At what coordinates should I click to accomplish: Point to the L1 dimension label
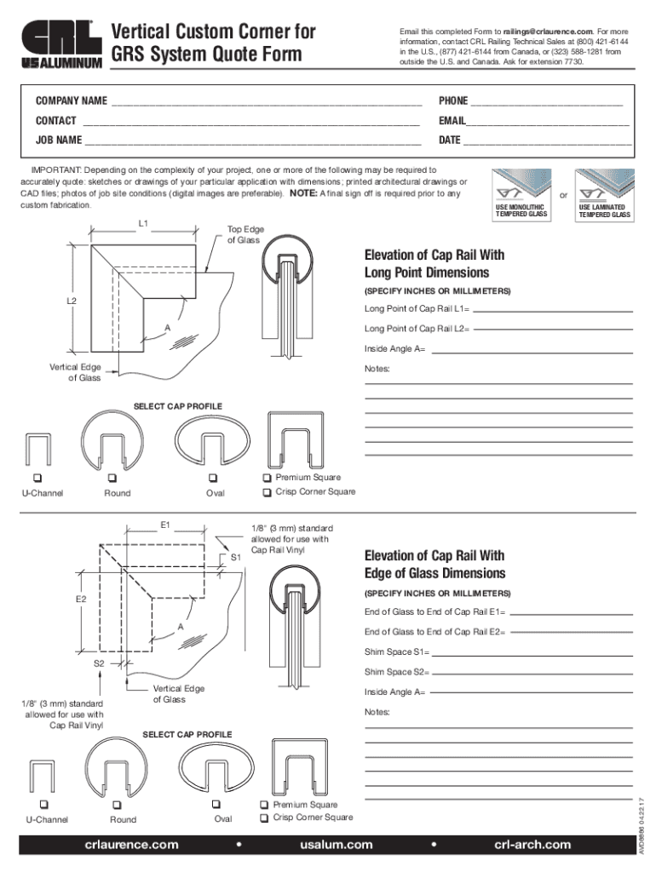144,224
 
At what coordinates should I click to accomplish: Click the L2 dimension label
73,301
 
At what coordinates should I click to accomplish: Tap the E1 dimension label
166,525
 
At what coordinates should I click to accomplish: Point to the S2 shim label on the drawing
99,663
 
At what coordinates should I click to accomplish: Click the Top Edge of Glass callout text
244,235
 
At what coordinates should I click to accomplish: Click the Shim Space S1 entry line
532,654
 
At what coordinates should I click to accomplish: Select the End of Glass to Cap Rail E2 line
571,634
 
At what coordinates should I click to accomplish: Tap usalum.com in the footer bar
336,845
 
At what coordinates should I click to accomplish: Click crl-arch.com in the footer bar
532,845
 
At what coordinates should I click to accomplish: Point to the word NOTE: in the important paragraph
304,193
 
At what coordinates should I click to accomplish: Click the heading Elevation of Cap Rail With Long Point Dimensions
434,264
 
